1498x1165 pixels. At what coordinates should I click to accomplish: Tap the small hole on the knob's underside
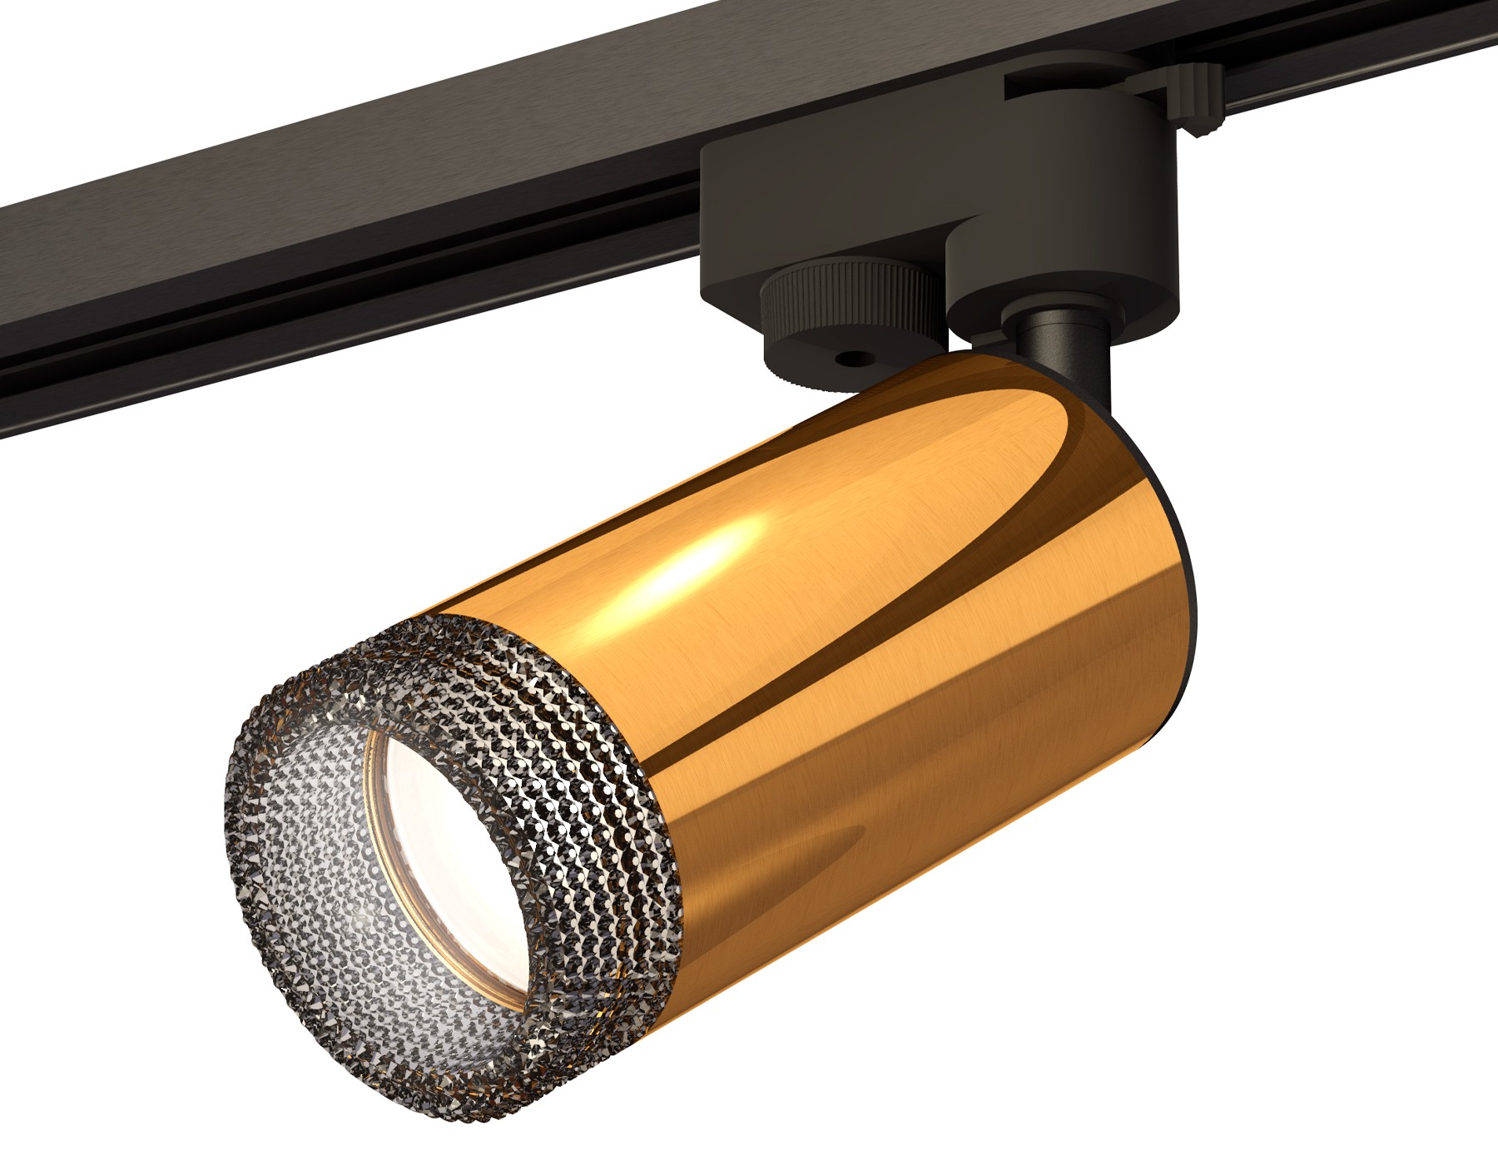(850, 360)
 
